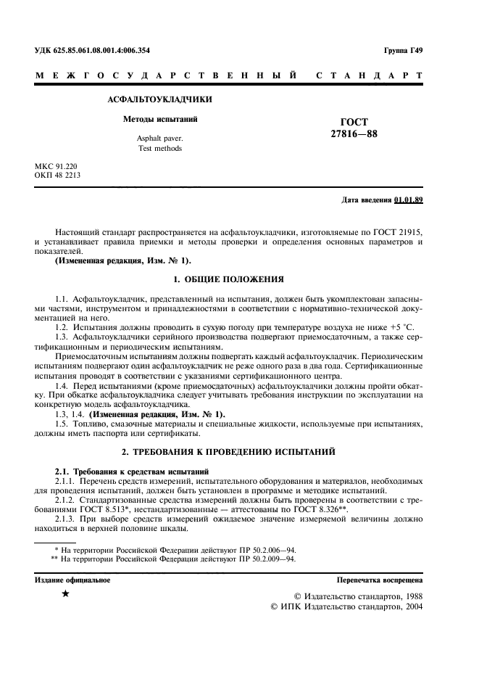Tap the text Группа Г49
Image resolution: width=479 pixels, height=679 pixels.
coord(404,50)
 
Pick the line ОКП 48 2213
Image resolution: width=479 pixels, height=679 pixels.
coord(58,176)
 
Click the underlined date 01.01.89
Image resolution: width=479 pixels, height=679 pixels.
coord(409,199)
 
